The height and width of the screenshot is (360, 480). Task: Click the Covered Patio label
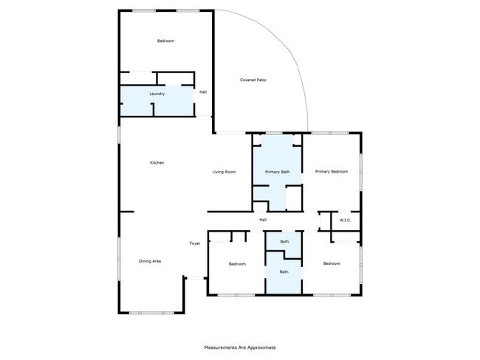coord(253,80)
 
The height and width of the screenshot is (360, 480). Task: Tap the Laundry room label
coord(157,94)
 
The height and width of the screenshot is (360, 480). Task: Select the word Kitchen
coord(157,163)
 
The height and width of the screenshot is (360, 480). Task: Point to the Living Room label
coord(224,172)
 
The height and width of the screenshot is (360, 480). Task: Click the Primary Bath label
coord(278,172)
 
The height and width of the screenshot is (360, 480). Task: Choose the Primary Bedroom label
coord(332,172)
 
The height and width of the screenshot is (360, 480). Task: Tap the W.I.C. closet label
coord(346,221)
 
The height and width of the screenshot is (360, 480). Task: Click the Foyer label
coord(195,243)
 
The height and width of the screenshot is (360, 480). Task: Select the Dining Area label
coord(150,261)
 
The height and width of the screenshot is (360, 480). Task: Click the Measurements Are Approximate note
coord(240,347)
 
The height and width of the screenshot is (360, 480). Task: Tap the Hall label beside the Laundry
coord(203,91)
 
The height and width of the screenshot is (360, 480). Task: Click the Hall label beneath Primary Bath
coord(263,220)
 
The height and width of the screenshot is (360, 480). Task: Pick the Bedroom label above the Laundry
coord(165,41)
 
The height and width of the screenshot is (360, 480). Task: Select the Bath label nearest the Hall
coord(284,242)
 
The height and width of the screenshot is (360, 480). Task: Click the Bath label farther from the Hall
coord(284,271)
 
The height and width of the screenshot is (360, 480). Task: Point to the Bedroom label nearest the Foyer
coord(237,264)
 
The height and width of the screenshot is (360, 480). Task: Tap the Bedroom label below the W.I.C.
coord(332,263)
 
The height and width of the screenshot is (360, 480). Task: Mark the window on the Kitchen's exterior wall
coord(119,134)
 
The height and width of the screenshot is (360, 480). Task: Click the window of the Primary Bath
coord(274,133)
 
